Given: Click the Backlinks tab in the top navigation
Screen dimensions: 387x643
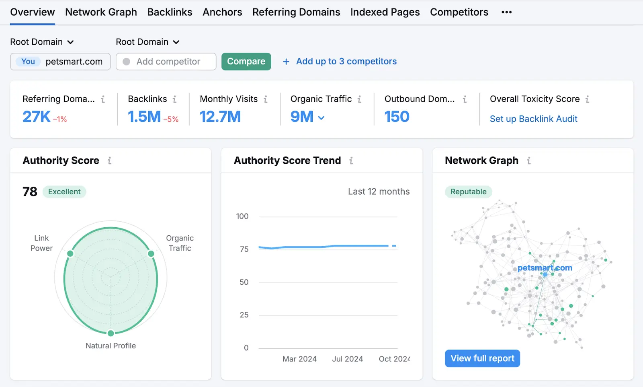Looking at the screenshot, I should (x=170, y=12).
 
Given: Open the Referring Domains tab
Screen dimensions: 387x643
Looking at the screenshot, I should (x=296, y=12).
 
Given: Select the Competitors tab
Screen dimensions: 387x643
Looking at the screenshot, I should (x=459, y=12).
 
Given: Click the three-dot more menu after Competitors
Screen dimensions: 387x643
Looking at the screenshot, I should (x=506, y=12).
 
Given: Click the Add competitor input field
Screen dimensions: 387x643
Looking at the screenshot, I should (x=168, y=62).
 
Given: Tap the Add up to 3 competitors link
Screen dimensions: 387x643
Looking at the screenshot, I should (x=346, y=61).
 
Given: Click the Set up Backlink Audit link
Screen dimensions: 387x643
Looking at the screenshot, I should (x=533, y=119).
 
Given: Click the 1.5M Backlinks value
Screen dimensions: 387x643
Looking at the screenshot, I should (x=144, y=117).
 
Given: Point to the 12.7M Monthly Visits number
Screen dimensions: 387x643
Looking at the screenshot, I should (x=220, y=117).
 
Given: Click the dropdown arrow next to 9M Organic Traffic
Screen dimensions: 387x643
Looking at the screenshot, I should (x=321, y=118).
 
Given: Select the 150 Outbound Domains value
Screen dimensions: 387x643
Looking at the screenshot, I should (x=397, y=117).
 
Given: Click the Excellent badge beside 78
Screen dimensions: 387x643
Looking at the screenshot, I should (x=64, y=191).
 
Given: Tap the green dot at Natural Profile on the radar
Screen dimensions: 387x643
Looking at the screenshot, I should (x=111, y=333).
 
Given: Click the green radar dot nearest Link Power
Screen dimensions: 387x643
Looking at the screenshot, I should (x=70, y=253).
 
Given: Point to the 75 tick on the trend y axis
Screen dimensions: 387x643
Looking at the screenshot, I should (x=244, y=249).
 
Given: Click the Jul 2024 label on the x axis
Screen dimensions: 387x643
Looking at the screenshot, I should (x=347, y=359).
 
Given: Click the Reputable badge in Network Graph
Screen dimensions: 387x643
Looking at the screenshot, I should (x=468, y=191).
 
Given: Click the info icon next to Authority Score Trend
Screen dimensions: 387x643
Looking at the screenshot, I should (x=351, y=161).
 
